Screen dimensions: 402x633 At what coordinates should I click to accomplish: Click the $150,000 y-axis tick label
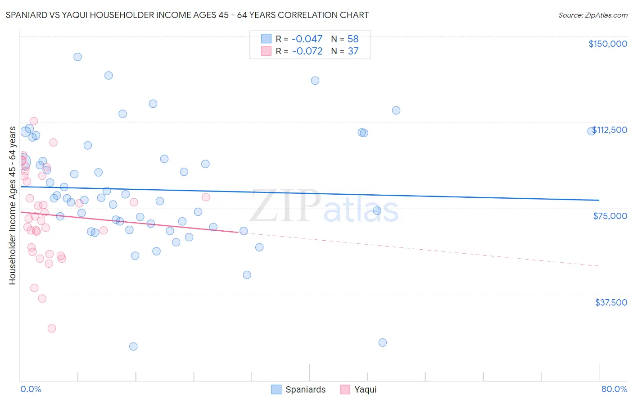(x=607, y=44)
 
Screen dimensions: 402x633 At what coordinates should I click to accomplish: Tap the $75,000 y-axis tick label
(x=610, y=216)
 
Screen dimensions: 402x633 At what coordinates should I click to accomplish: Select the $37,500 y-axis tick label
(x=611, y=302)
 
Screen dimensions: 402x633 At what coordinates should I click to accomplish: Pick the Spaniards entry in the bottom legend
(x=299, y=389)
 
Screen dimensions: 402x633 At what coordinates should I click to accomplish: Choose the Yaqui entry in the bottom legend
(x=358, y=389)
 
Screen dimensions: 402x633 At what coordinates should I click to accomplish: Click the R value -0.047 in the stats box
(x=307, y=39)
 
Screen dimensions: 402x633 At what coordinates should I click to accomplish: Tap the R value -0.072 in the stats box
(x=307, y=51)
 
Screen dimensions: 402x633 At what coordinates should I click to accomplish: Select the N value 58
(x=353, y=39)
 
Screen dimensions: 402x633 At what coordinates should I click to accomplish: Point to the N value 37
(x=353, y=51)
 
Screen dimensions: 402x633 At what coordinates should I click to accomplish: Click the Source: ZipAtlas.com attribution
(x=592, y=15)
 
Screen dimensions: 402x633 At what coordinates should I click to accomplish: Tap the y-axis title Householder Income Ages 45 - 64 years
(x=12, y=206)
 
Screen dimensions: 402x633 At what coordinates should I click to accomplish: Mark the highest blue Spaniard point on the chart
(x=77, y=57)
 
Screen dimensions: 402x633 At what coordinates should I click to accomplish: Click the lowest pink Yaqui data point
(x=52, y=329)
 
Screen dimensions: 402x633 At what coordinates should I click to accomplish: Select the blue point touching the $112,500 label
(x=591, y=131)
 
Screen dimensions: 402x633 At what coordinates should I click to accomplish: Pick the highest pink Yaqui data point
(x=33, y=121)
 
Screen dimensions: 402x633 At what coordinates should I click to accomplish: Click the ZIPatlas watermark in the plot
(x=324, y=207)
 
